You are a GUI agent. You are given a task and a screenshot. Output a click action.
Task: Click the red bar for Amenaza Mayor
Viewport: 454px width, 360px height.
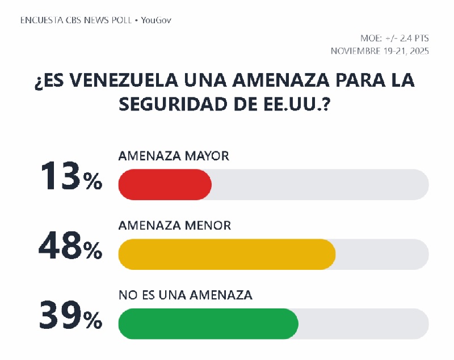(165, 185)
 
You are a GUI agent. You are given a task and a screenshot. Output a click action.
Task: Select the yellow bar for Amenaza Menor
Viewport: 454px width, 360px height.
(227, 255)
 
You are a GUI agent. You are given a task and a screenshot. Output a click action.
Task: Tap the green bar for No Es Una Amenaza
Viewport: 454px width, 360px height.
(208, 324)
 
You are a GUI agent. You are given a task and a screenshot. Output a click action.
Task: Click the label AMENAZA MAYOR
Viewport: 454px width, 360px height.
(174, 156)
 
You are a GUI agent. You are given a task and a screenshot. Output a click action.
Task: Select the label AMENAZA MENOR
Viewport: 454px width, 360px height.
(175, 226)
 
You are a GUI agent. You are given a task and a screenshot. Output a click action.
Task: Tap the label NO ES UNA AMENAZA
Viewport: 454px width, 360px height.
(186, 295)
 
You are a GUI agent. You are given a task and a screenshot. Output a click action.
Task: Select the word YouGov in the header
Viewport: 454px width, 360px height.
(156, 20)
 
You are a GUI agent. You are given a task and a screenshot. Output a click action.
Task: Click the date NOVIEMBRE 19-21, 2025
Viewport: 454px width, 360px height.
(380, 51)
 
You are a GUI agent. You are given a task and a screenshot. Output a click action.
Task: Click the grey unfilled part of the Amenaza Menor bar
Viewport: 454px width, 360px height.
(382, 255)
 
